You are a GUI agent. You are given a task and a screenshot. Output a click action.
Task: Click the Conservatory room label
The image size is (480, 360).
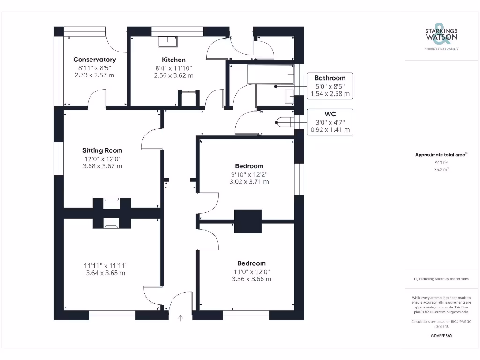[x=94, y=60]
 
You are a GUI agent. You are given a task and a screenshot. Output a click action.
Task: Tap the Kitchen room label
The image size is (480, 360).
[x=173, y=60]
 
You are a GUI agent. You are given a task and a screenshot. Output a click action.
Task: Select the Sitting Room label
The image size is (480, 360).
[x=102, y=150]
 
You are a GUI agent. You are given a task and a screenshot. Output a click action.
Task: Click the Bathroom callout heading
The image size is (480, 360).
[x=330, y=78]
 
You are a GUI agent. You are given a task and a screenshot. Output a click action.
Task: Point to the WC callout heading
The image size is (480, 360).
[x=330, y=114]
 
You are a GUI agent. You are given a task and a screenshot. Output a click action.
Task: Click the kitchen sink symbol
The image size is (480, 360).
[x=167, y=42]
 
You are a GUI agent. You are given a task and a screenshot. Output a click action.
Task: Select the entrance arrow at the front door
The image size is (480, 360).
[x=180, y=318]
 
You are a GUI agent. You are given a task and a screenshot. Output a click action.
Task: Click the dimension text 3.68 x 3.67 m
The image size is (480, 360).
[x=102, y=166]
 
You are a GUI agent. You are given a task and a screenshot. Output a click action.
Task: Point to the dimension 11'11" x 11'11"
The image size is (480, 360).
[x=105, y=265]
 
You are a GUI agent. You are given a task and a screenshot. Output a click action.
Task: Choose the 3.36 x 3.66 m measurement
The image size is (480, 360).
[x=251, y=279]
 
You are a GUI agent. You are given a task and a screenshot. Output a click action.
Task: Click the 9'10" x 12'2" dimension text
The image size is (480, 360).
[x=249, y=174]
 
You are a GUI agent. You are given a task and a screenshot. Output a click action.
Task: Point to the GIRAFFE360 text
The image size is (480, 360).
[x=441, y=336]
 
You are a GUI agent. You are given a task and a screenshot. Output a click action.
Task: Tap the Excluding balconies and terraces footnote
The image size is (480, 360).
[x=441, y=279]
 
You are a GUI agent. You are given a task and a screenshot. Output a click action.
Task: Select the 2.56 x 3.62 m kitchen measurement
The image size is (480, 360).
[x=173, y=75]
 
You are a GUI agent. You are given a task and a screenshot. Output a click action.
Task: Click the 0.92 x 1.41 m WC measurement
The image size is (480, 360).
[x=330, y=130]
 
